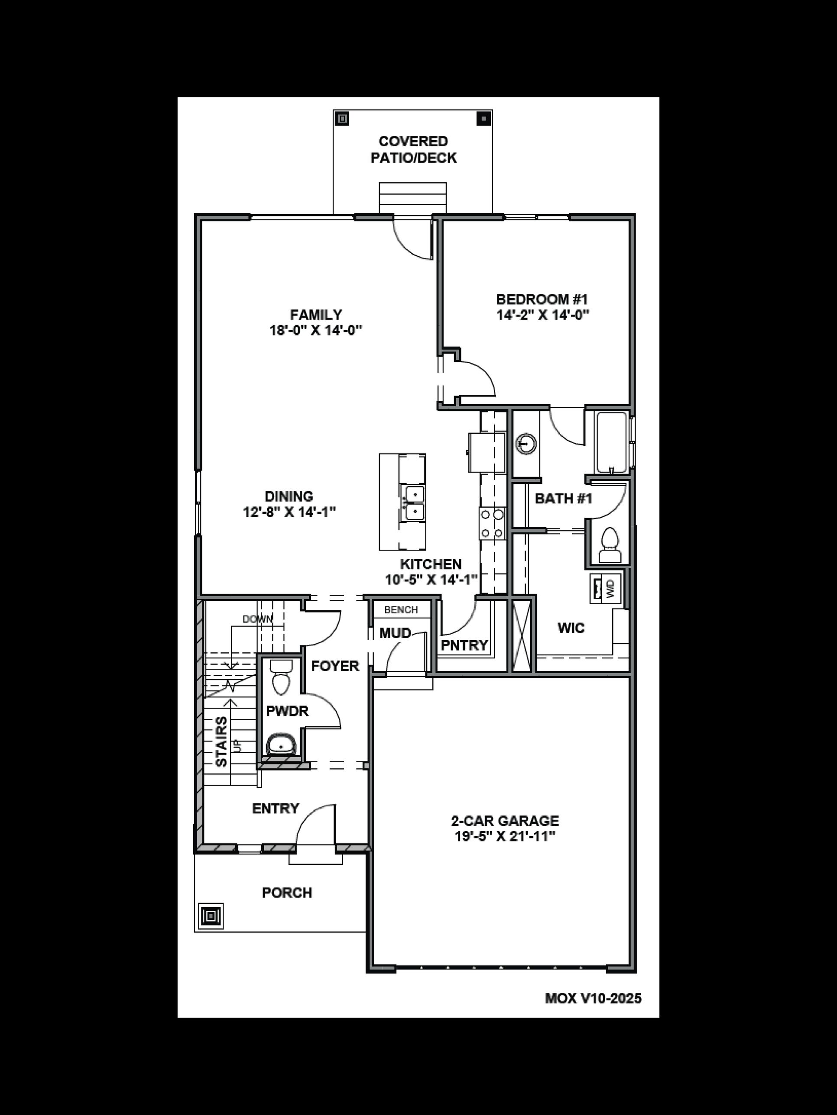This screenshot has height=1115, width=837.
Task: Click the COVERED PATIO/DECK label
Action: [413, 150]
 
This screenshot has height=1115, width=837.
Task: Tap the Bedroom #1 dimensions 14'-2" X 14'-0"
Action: [543, 315]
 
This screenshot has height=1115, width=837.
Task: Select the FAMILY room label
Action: [316, 315]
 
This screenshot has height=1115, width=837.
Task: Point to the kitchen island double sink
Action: [412, 503]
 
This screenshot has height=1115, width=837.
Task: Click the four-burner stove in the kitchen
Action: [492, 523]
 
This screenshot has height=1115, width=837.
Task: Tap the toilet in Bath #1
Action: [610, 545]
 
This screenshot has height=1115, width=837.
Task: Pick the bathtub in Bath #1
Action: [611, 442]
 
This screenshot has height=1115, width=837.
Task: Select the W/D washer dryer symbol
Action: [605, 588]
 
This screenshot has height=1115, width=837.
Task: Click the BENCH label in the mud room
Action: [401, 610]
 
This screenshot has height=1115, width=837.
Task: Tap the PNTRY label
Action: [464, 645]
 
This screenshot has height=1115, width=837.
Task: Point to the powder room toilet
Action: [280, 677]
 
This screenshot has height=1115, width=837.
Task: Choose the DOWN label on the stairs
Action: [257, 619]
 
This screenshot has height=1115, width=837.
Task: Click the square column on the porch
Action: [211, 915]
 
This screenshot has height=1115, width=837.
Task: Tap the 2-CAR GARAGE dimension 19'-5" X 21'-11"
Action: [505, 837]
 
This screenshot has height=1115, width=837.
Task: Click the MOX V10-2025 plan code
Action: [593, 999]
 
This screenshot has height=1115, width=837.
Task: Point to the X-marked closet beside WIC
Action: [522, 634]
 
